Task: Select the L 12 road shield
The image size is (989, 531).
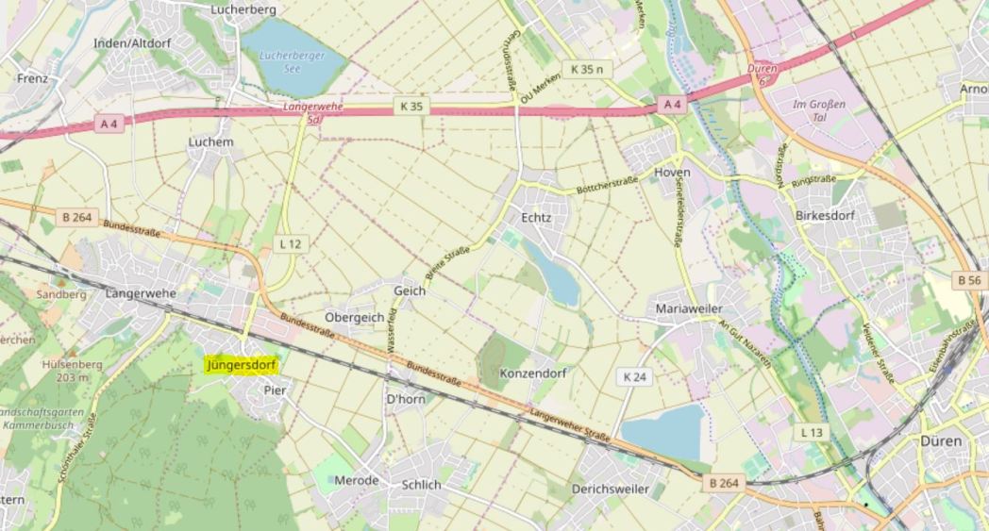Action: (291, 243)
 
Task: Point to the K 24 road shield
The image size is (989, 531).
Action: (635, 376)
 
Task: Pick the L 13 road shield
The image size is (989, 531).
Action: (811, 432)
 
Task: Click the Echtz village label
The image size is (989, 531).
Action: (535, 218)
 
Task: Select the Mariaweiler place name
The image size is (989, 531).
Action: (688, 308)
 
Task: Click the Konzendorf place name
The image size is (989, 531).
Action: (533, 373)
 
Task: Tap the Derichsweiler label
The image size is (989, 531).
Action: (610, 489)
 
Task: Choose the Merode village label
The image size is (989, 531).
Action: (357, 481)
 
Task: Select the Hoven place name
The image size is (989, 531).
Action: (672, 173)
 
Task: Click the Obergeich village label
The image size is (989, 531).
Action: (354, 317)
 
